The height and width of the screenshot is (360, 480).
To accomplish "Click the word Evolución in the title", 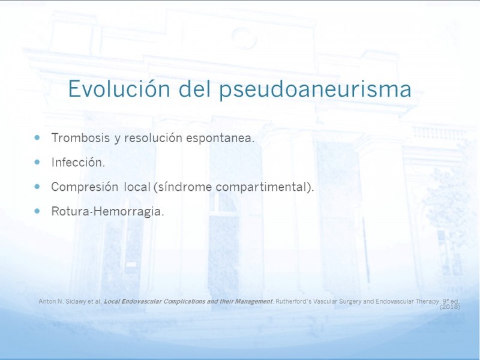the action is [119, 89].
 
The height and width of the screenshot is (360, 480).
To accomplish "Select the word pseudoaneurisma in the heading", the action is [316, 90].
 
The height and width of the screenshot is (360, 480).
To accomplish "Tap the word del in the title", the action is [195, 88].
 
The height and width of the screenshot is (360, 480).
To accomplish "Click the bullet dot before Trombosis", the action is [37, 138].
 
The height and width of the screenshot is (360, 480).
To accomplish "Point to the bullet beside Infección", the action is [37, 162].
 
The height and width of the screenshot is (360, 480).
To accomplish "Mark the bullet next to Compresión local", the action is [37, 187].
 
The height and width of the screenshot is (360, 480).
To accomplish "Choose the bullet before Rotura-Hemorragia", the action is [37, 211].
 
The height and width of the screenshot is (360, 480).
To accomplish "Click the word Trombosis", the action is [80, 138].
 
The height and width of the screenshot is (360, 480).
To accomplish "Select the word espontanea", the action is [220, 139].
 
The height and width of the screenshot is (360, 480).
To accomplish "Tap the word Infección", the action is [78, 162].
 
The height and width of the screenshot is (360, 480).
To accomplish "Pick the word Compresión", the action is [85, 187].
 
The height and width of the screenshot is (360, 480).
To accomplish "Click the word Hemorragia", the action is [128, 212].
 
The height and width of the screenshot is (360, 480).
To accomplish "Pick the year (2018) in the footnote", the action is [450, 307].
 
